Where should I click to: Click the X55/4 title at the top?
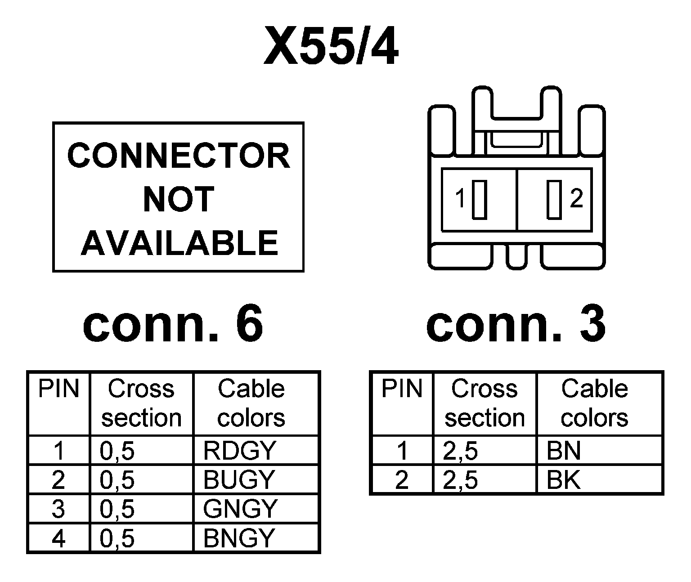tap(331, 46)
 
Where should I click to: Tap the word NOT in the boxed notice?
tap(178, 199)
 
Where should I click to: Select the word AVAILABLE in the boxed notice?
tap(179, 242)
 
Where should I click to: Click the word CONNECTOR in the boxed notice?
tap(179, 156)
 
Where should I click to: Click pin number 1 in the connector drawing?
tap(460, 198)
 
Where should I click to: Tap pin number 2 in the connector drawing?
tap(576, 198)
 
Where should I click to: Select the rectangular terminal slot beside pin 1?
tap(480, 199)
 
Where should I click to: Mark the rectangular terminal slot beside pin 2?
tap(554, 199)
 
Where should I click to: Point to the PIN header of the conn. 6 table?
tap(58, 389)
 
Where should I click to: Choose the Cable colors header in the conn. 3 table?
tap(594, 403)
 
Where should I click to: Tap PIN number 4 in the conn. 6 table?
tap(58, 538)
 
